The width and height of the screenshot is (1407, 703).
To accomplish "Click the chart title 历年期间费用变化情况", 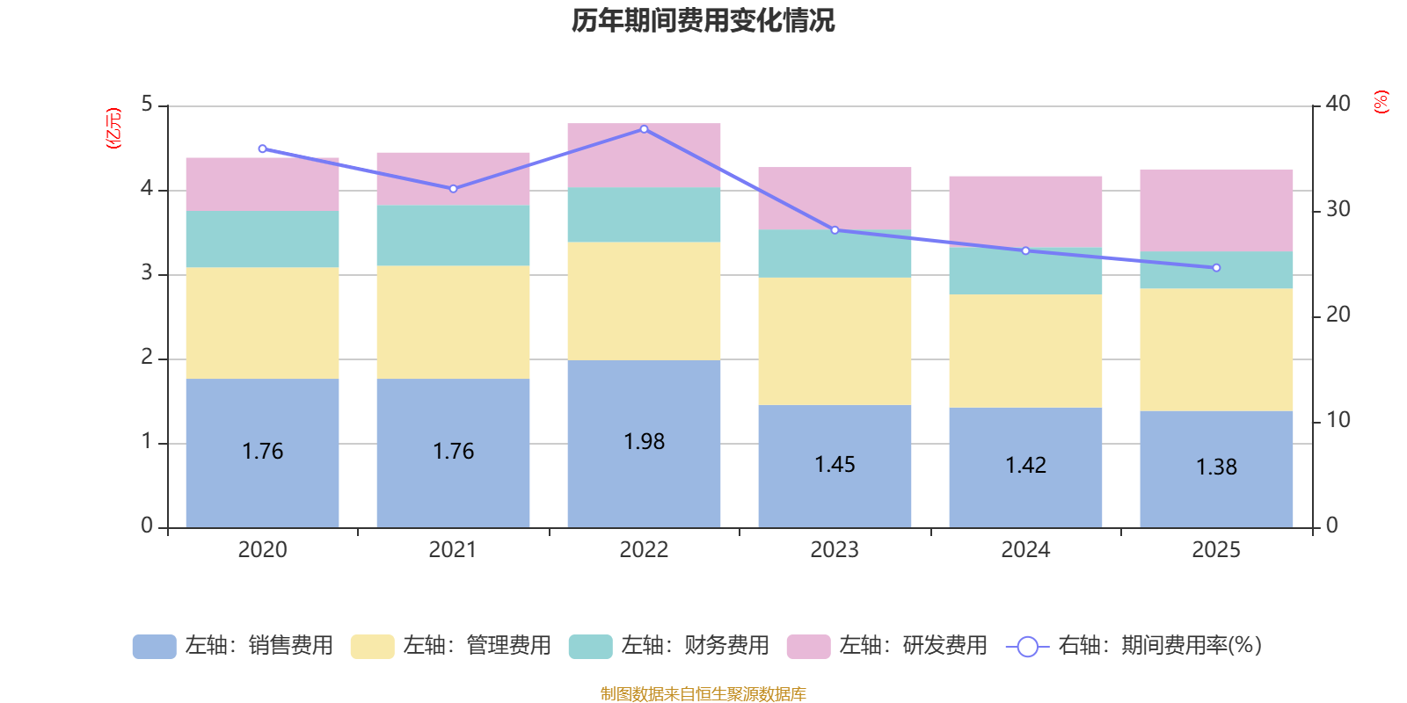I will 703,21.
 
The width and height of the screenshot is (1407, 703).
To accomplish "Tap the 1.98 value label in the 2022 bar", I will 644,441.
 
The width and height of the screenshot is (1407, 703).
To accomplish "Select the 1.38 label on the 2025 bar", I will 1216,467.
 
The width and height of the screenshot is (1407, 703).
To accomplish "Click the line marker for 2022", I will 644,129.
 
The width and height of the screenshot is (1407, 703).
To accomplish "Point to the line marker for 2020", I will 262,149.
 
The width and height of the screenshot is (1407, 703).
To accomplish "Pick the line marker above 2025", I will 1216,268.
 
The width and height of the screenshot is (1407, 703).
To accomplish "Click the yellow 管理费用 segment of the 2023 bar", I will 835,341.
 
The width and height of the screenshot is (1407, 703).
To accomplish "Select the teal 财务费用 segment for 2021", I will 453,236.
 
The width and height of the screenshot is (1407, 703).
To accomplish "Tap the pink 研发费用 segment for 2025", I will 1216,209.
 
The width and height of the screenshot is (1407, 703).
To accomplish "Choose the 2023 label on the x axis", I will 835,550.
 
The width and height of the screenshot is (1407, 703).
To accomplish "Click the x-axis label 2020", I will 262,550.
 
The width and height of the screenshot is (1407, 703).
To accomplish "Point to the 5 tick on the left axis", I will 147,105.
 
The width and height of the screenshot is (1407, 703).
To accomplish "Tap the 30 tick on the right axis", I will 1338,209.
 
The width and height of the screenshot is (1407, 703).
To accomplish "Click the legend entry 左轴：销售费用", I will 233,646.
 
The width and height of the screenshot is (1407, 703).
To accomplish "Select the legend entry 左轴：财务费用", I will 669,646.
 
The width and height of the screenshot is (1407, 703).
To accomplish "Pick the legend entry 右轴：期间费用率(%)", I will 1134,646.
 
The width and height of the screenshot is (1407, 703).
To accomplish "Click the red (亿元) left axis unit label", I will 113,128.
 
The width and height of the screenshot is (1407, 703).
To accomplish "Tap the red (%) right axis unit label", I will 1381,102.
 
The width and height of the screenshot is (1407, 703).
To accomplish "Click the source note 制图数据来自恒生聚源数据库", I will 703,694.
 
